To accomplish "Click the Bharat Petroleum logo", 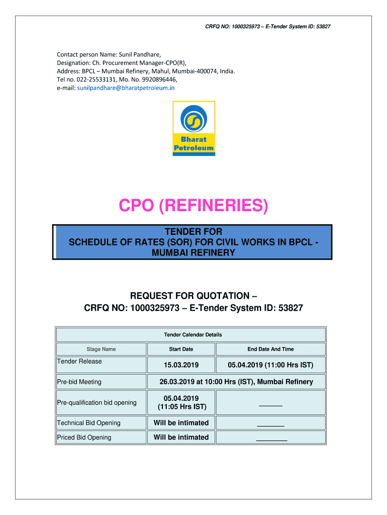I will [193, 128].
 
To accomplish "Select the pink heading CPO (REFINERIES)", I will [193, 206].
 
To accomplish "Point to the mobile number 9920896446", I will [154, 79].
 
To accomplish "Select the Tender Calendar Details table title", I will [193, 334].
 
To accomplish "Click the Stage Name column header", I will [101, 349].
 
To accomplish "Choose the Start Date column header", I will [181, 349].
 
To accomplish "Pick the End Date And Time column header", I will [270, 349].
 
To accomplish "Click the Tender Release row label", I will [79, 362].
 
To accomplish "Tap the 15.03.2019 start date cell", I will [181, 365].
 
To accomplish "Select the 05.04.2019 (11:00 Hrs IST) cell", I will [270, 365].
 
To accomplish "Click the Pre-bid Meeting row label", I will [79, 382].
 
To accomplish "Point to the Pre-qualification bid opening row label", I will [97, 402].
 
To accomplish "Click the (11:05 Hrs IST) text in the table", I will [181, 407].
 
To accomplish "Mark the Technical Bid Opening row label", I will [89, 423].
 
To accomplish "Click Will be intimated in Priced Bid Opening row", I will [181, 437].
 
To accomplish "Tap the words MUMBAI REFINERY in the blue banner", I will [193, 252].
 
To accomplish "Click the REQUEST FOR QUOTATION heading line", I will [193, 296].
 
